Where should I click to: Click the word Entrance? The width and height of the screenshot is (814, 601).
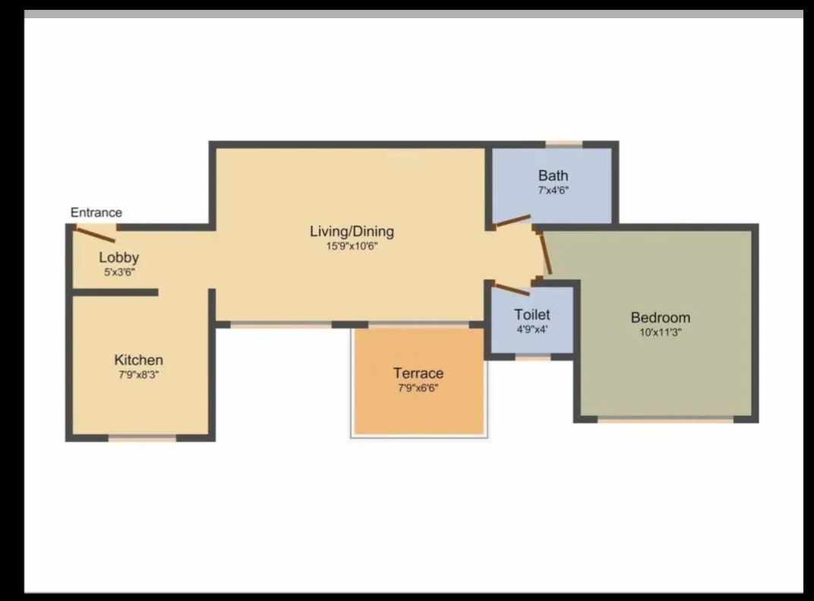pos(96,212)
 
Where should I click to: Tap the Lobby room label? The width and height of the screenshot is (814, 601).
pos(118,257)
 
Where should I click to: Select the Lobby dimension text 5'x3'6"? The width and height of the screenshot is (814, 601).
pos(118,271)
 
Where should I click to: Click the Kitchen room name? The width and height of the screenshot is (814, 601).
pos(138,360)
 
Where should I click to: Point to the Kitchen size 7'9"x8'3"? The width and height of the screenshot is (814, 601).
pos(138,374)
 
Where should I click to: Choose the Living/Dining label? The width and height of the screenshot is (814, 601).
pos(352,231)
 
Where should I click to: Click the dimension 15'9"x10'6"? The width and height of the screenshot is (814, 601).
pos(352,246)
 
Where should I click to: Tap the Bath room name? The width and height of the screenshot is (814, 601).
pos(553,175)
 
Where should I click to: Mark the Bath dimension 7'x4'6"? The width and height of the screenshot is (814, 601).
pos(553,190)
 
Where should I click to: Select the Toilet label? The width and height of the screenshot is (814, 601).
pos(532,314)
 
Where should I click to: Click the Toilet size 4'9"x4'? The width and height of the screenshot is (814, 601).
pos(532,329)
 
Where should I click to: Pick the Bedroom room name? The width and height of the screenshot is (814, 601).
pos(661,317)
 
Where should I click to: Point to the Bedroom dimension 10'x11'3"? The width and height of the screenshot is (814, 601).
pos(661,332)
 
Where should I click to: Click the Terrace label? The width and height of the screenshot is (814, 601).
pos(418,373)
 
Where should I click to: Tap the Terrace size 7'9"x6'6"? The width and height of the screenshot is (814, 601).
pos(418,388)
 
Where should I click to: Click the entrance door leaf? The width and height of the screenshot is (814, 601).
pos(95,234)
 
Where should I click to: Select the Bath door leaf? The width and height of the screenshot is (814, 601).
pos(512,221)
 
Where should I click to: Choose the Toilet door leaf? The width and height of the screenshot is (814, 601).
pos(511,289)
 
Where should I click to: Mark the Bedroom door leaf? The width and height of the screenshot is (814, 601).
pos(544,252)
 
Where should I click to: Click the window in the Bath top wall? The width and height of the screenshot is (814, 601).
pos(564,143)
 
